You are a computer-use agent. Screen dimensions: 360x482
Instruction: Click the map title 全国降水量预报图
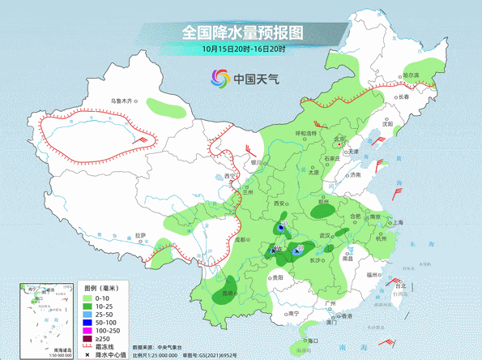pos(242,32)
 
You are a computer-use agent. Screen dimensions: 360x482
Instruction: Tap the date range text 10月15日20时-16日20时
pos(241,49)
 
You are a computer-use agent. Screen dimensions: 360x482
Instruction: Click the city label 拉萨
pos(141,235)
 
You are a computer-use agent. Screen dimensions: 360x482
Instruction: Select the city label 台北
pos(400,285)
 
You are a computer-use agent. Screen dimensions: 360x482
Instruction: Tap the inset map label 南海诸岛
pos(54,349)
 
